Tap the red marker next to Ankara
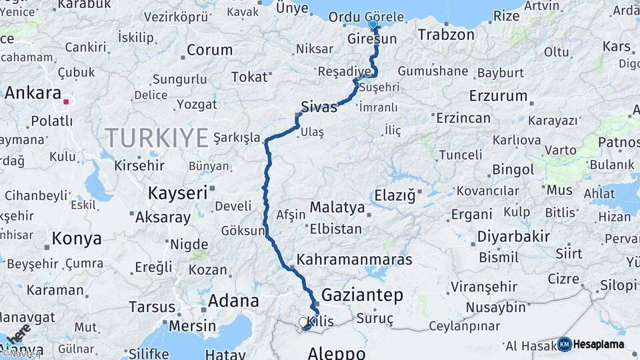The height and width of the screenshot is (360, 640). click(x=66, y=102)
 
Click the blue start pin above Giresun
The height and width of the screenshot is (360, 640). click(x=373, y=25)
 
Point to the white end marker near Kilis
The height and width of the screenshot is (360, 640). click(x=303, y=323)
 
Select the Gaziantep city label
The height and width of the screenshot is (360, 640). click(x=362, y=295)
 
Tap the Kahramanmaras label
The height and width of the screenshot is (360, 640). click(x=355, y=259)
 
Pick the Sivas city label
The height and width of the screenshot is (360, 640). click(x=319, y=107)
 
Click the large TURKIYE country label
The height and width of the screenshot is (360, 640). click(x=157, y=138)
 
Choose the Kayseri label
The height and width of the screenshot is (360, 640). click(x=177, y=193)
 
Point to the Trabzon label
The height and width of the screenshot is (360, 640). click(x=446, y=34)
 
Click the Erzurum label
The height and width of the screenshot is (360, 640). click(x=498, y=95)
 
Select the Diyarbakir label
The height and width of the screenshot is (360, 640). click(x=513, y=236)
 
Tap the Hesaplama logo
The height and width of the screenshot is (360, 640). click(x=591, y=344)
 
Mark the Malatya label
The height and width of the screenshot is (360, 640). click(x=337, y=207)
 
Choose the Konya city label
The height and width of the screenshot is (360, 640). click(x=77, y=239)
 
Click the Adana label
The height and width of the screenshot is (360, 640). click(x=233, y=301)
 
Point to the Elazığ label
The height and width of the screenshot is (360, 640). click(x=395, y=195)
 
